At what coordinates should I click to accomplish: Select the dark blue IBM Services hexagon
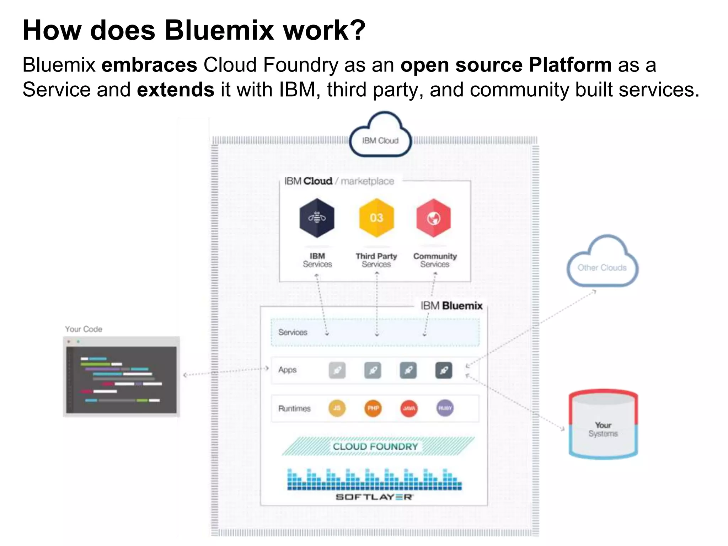coord(317,218)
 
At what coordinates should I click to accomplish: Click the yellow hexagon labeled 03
coord(376,218)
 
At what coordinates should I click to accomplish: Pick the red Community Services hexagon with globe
coord(434,218)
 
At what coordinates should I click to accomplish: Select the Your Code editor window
coord(121,377)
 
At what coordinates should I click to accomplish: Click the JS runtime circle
coord(337,408)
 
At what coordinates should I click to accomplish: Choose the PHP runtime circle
coord(373,408)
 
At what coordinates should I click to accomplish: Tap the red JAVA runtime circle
coord(409,408)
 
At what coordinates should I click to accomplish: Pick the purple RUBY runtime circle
coord(445,408)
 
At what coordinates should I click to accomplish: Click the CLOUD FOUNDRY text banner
coord(375,446)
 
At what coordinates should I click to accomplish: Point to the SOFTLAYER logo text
coord(374,497)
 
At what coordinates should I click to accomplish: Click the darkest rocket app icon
coord(444,370)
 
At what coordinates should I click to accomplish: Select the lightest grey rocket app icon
coord(337,370)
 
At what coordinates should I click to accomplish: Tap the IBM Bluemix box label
coord(451,306)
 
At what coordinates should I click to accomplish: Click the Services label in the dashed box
coord(293,332)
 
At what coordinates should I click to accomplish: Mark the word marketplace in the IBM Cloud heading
coord(367,181)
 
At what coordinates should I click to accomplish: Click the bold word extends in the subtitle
coord(176,90)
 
